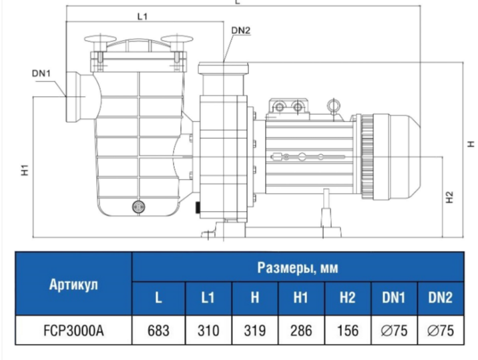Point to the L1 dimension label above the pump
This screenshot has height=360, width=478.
(142, 16)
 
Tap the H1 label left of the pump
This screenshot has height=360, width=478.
(24, 170)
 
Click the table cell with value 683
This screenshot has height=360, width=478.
(158, 330)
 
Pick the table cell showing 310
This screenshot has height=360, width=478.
(208, 330)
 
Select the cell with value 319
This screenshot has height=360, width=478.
(255, 330)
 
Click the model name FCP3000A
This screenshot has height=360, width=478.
(73, 330)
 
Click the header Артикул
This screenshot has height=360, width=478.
(73, 284)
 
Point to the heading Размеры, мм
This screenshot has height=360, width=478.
(298, 268)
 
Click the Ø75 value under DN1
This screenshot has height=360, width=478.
(394, 330)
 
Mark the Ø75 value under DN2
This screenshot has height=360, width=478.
(441, 330)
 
